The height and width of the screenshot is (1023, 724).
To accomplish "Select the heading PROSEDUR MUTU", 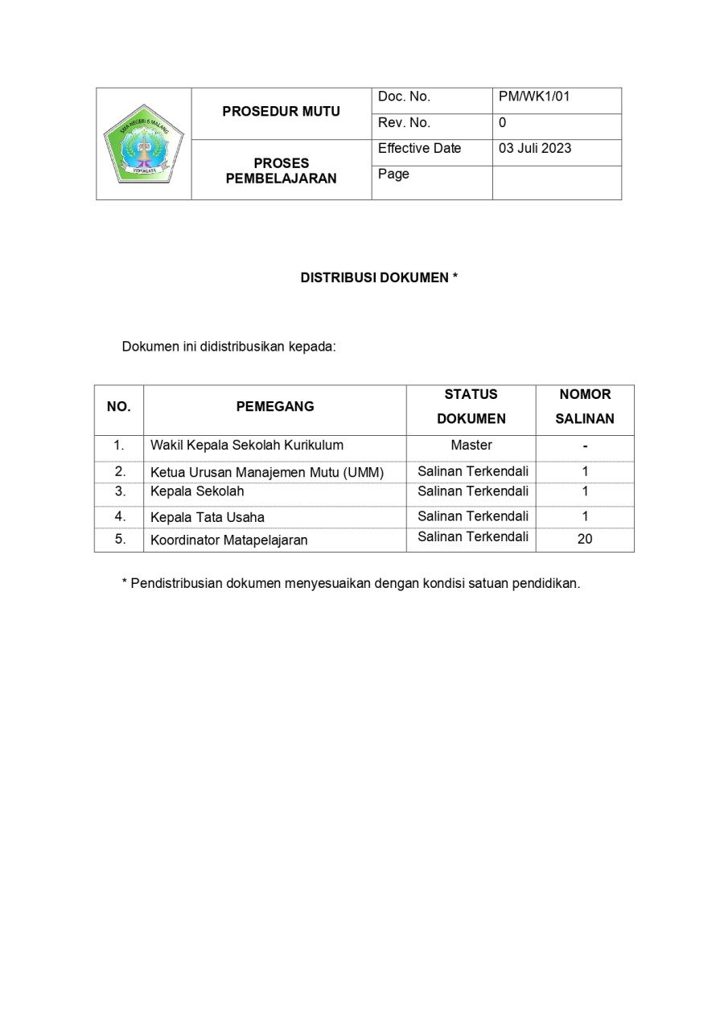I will coord(281,112).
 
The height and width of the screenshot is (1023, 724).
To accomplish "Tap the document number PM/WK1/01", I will coord(534,97).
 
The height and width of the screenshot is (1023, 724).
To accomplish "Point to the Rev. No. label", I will coord(404,123).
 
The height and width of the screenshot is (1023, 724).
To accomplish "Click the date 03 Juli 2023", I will coord(535,149).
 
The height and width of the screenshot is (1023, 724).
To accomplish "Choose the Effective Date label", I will coord(419,149).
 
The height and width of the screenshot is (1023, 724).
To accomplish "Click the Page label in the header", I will coord(393,175).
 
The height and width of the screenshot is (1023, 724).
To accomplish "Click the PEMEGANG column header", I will coord(275,407).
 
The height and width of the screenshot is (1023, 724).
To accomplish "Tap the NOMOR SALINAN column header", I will coord(585,406).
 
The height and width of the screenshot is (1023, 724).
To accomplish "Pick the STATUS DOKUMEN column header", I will coord(471,406).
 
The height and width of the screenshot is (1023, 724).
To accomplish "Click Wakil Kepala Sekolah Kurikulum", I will coord(247,445).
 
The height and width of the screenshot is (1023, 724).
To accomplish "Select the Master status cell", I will coord(471,445).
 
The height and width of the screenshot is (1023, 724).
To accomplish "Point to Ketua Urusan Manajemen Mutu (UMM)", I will coord(267,472).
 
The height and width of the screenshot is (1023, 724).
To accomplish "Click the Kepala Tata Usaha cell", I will coord(208,517).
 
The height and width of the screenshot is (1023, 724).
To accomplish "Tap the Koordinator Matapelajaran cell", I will coord(229,540).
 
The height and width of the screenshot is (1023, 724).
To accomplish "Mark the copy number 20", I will coord(585,540).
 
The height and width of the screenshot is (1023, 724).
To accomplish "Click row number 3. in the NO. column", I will coord(120,491).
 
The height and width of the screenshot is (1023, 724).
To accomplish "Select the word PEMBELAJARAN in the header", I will coord(281,179).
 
